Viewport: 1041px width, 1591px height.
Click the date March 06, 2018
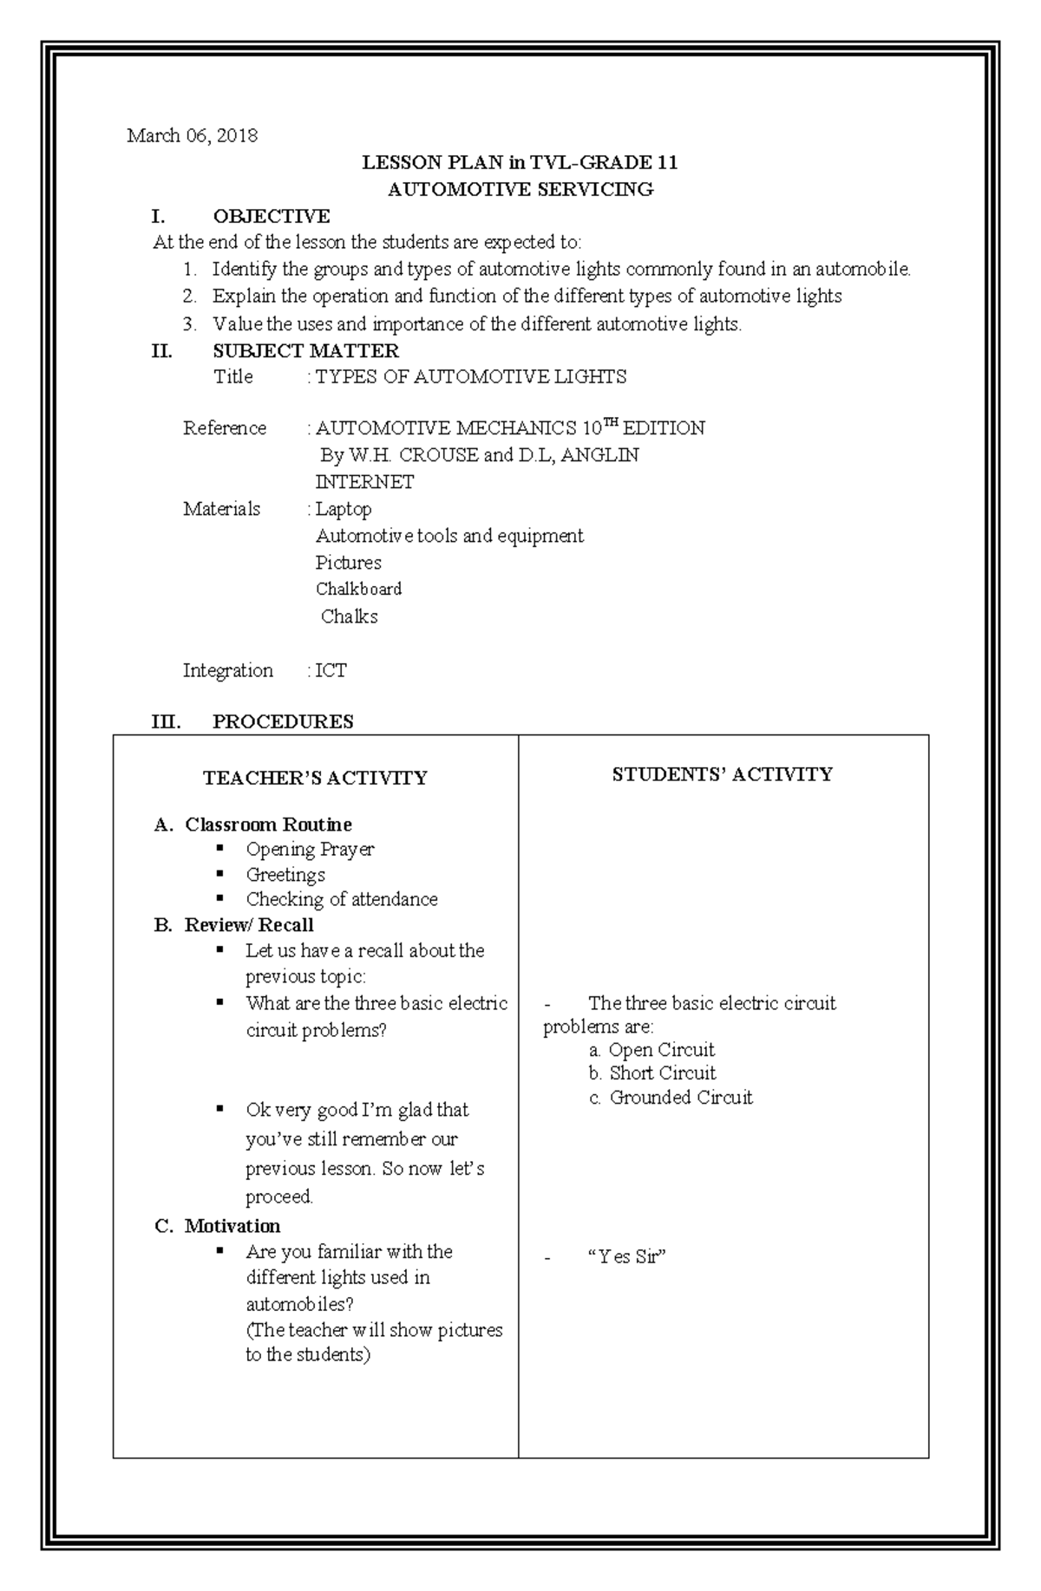coord(192,135)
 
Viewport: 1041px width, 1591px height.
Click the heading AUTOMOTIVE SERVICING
coord(520,189)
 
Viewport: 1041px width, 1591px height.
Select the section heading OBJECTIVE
coord(271,216)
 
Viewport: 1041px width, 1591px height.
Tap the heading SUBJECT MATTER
coord(305,350)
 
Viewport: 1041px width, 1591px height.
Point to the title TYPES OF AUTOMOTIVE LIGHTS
coord(470,376)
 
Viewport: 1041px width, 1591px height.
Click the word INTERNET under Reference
coord(364,481)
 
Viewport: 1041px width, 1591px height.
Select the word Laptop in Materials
coord(344,509)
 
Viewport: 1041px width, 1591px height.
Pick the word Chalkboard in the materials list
coord(358,589)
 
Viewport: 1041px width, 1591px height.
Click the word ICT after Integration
coord(331,670)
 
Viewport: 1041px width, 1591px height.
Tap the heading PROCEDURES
coord(283,721)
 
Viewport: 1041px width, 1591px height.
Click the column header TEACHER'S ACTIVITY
coord(315,778)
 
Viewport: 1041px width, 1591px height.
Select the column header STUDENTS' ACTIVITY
coord(722,774)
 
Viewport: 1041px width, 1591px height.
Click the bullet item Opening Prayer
coord(310,849)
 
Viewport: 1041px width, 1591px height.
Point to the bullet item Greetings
coord(285,874)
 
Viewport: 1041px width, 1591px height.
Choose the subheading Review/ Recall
coord(249,924)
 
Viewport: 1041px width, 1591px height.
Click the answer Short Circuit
coord(663,1073)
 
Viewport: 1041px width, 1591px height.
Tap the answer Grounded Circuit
coord(681,1097)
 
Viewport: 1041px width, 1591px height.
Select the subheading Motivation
coord(232,1225)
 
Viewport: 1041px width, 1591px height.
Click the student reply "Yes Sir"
coord(626,1256)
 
